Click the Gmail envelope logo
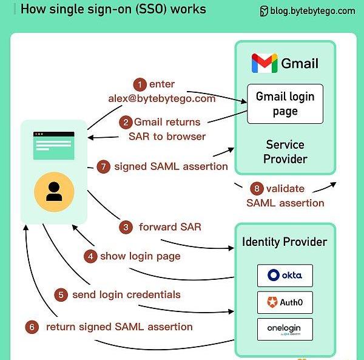264,63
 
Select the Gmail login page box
285,104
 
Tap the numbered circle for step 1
141,84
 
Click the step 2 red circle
126,122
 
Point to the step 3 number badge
126,228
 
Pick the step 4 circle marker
91,256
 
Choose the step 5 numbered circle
61,295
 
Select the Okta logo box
285,275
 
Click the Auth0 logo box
285,302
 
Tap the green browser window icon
54,146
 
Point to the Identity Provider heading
285,242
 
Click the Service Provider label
286,152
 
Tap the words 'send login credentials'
126,295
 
